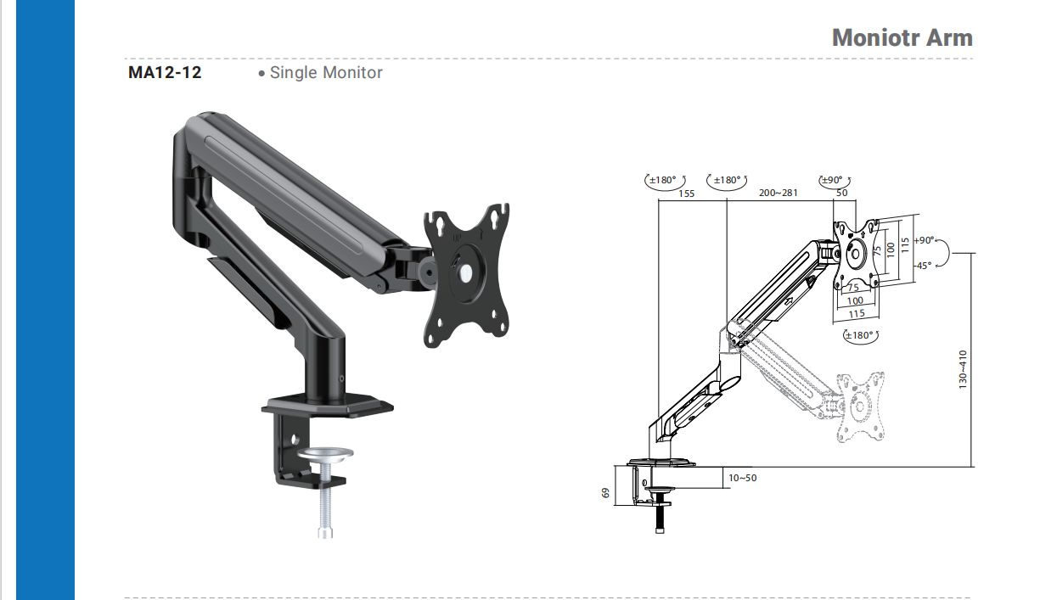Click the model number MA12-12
tap(165, 72)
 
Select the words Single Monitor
tap(326, 73)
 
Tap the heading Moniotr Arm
tap(902, 37)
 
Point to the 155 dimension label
tap(686, 193)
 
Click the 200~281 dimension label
tap(779, 193)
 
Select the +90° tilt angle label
tap(924, 240)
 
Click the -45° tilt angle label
tap(924, 266)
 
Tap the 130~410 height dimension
tap(963, 369)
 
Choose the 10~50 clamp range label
tap(742, 478)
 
